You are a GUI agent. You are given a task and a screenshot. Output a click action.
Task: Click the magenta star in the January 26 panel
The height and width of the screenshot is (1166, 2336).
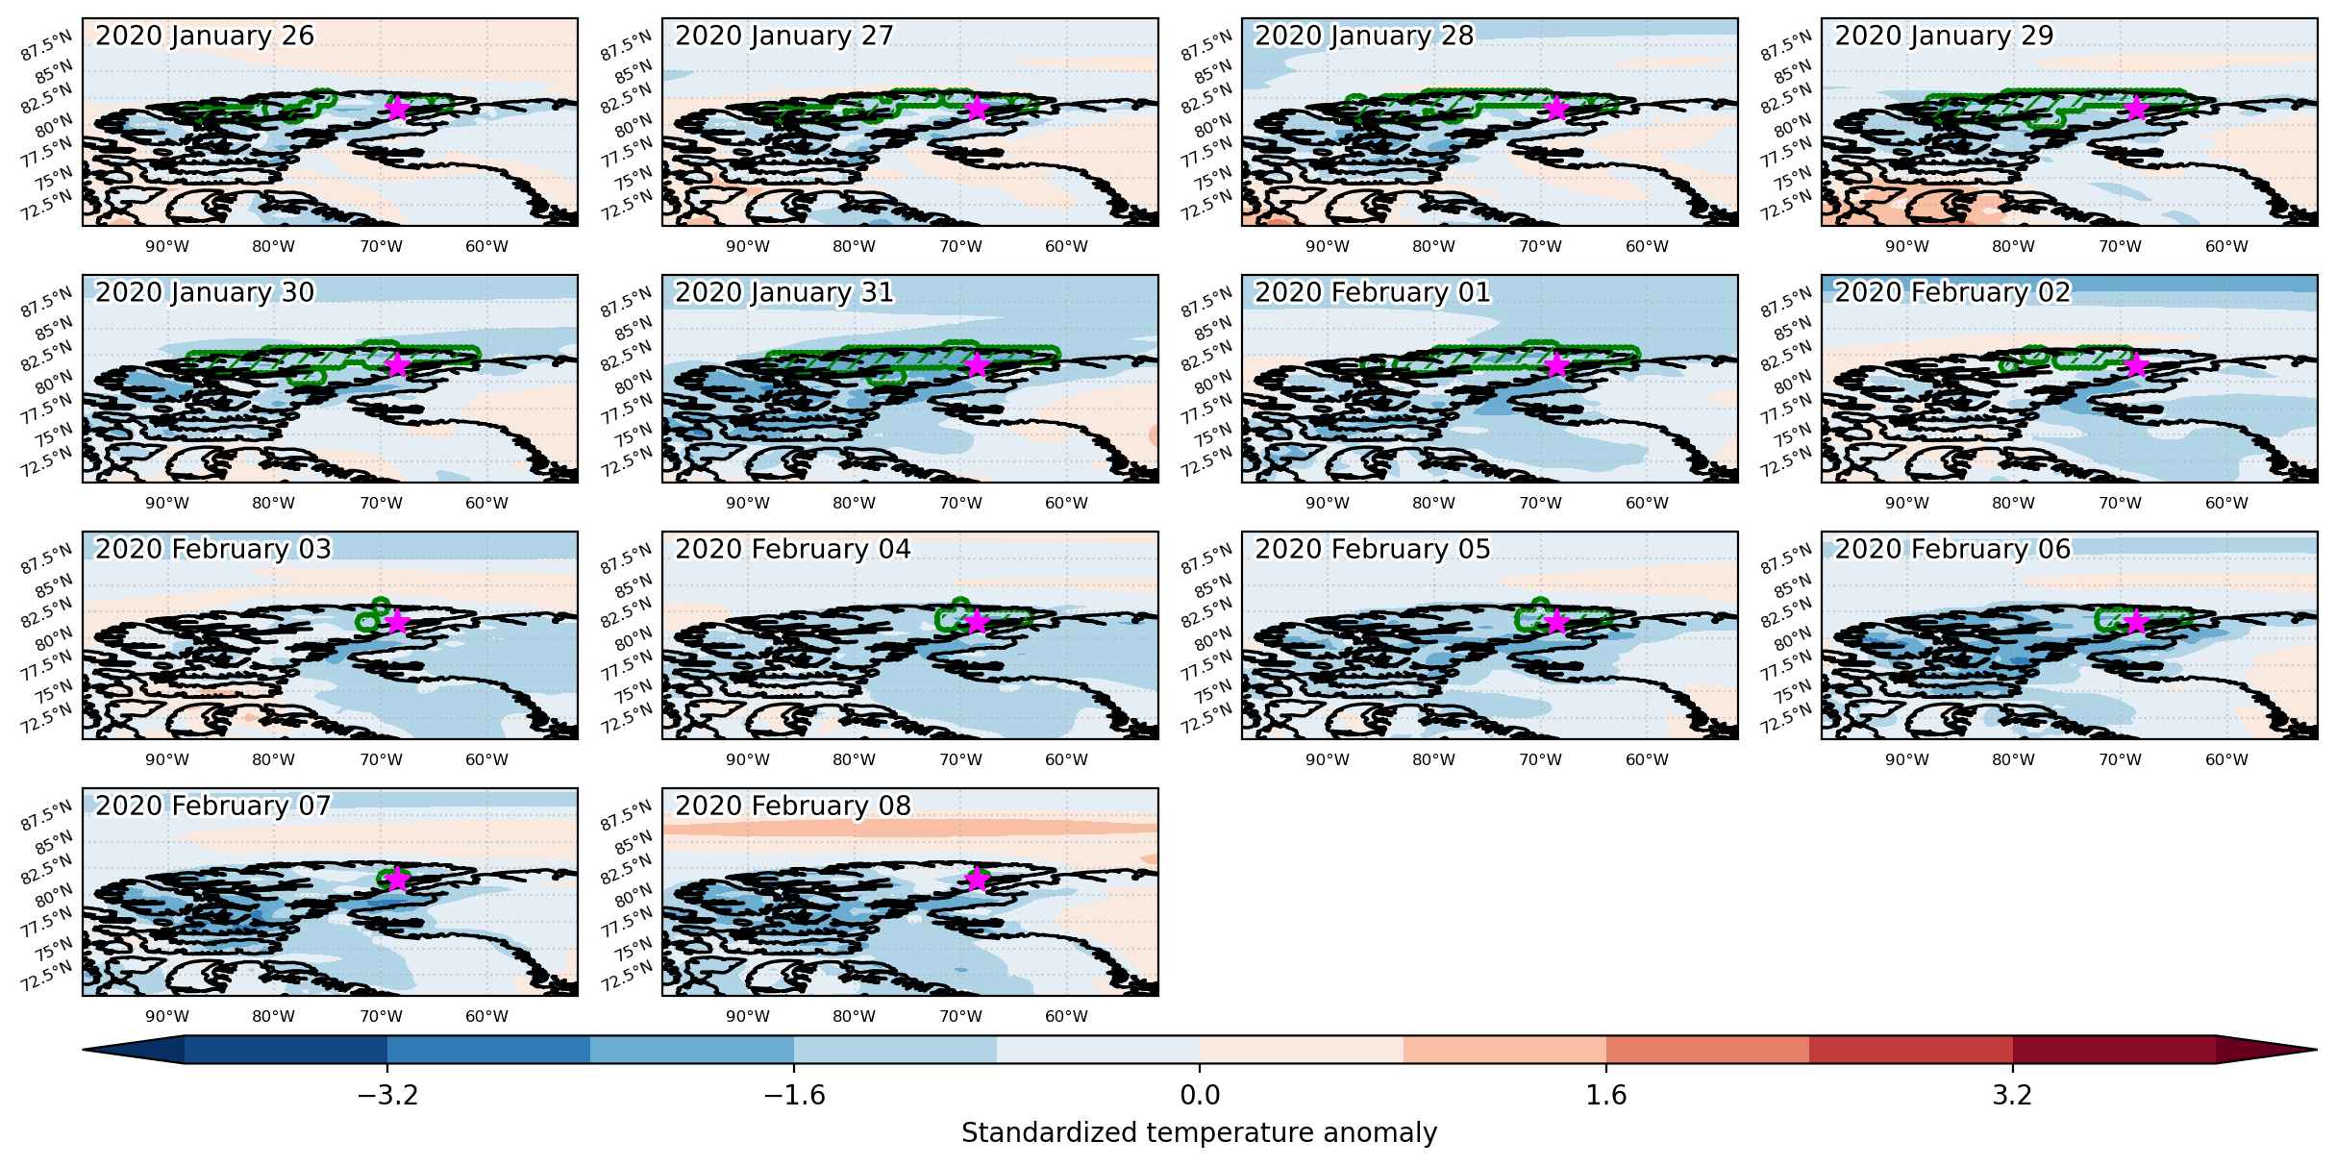pos(397,108)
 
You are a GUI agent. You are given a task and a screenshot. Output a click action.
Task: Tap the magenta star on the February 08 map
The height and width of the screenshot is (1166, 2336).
pos(977,879)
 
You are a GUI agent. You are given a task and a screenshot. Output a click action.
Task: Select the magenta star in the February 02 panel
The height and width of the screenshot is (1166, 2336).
pos(2135,364)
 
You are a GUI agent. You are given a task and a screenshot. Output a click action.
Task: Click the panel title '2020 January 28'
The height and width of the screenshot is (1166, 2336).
pos(1363,36)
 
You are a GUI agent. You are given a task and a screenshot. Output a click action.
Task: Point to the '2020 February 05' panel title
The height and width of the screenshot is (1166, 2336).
pos(1372,549)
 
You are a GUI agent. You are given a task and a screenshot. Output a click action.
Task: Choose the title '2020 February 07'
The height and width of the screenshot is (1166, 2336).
pos(212,806)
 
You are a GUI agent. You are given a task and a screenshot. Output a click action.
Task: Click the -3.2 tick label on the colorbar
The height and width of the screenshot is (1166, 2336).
pos(387,1096)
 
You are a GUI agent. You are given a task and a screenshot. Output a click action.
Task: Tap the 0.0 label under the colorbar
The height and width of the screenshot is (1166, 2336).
pos(1200,1096)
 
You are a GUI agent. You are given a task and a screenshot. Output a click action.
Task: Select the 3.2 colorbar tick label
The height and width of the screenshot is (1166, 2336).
pos(2012,1096)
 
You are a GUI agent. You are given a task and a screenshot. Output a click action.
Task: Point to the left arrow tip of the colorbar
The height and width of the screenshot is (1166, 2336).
pos(85,1050)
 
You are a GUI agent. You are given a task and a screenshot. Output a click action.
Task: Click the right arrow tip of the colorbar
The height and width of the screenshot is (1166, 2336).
pos(2316,1050)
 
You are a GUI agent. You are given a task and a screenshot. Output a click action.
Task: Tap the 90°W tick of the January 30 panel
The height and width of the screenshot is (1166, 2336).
pos(167,504)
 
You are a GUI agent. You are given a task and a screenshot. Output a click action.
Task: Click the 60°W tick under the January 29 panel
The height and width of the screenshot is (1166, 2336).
pos(2226,247)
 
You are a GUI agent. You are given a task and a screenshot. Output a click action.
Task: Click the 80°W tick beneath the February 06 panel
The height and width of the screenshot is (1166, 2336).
pos(2013,760)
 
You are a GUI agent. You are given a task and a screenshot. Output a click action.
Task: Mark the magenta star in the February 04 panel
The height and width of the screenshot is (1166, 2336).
pos(977,621)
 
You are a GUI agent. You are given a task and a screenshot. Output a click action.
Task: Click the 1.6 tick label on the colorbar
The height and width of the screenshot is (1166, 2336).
pos(1606,1096)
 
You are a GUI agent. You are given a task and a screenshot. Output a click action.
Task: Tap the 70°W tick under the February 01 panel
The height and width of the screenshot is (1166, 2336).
pos(1540,504)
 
